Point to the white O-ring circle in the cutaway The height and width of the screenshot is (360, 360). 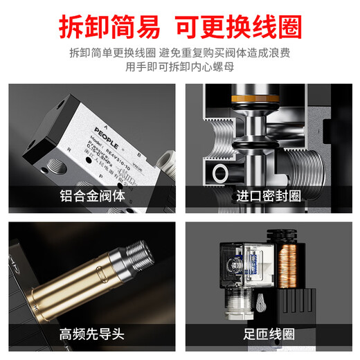[x=223, y=172]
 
